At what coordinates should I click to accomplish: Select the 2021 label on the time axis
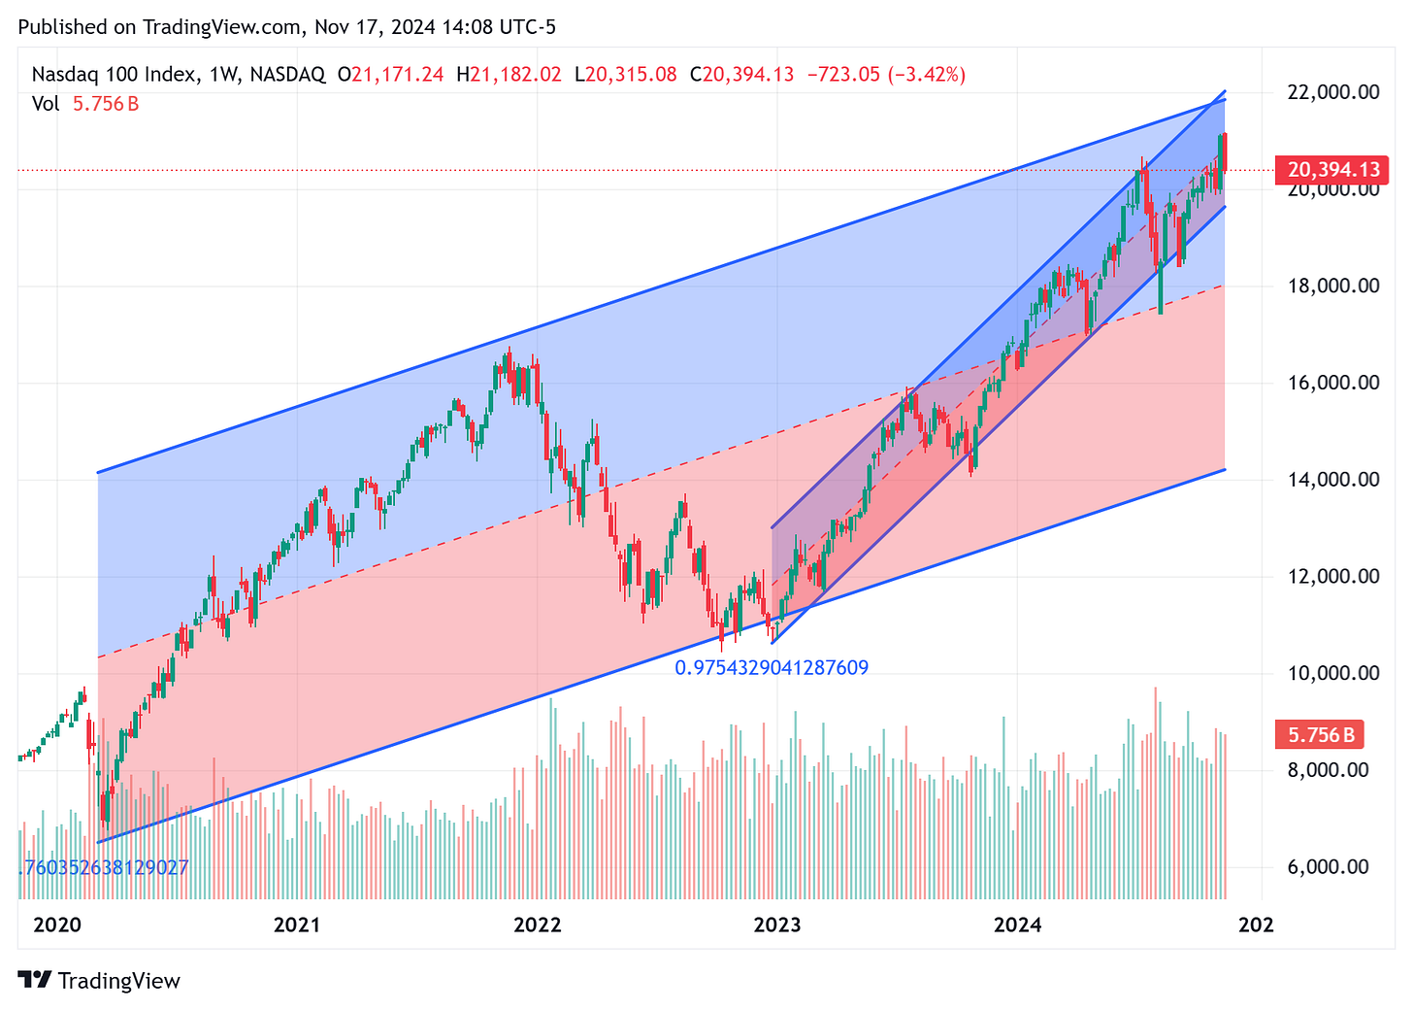(x=297, y=926)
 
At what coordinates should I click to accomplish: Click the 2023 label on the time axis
(x=777, y=926)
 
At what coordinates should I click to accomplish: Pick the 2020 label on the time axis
(x=57, y=926)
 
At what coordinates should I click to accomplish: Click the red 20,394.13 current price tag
(x=1332, y=170)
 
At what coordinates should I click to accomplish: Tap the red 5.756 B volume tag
(x=1321, y=735)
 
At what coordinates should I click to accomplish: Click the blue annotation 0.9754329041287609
(x=772, y=668)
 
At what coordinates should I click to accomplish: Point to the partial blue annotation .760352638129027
(x=103, y=867)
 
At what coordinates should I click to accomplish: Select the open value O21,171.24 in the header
(x=390, y=75)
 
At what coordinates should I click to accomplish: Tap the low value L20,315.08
(x=625, y=75)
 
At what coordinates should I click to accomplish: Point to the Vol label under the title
(x=46, y=104)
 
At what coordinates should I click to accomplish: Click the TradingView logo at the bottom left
(x=100, y=981)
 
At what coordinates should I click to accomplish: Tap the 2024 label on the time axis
(x=1018, y=926)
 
